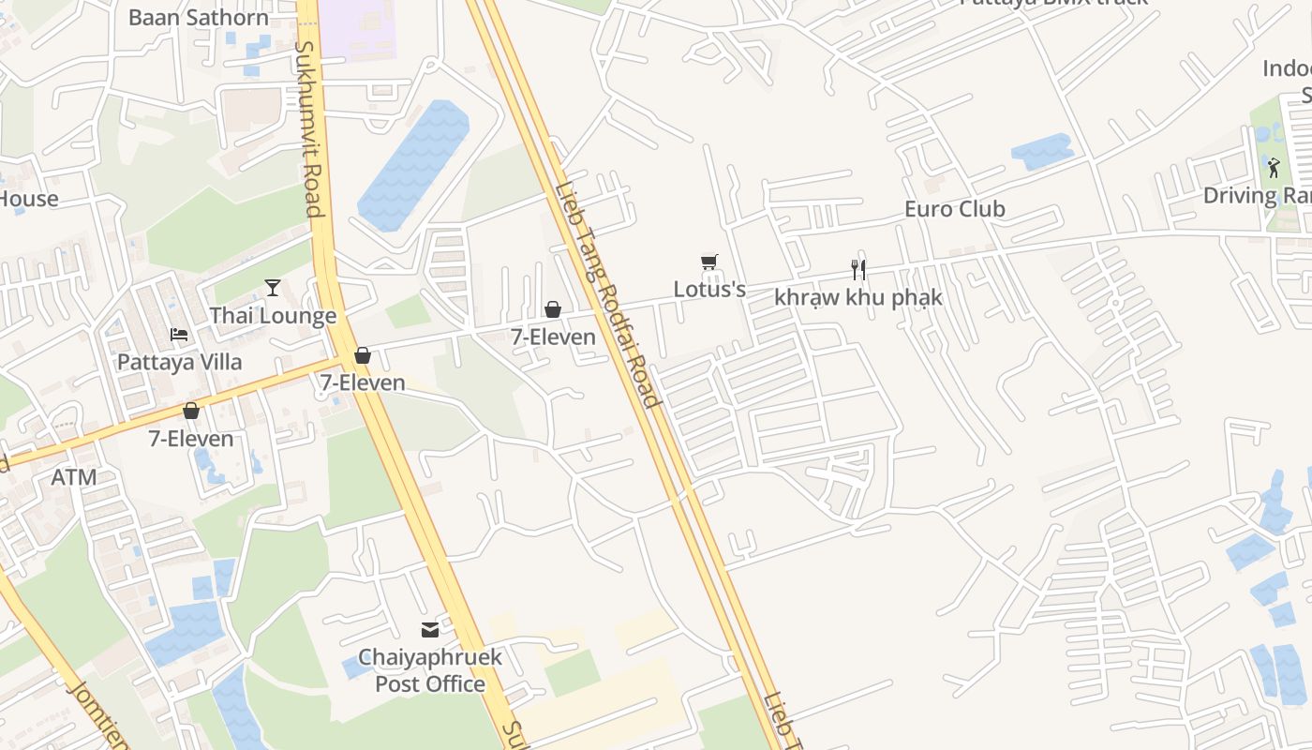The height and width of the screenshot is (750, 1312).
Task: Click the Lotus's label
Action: tap(709, 289)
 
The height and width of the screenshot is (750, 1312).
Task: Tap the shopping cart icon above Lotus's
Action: tap(709, 262)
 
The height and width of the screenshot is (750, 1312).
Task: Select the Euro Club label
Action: tap(954, 209)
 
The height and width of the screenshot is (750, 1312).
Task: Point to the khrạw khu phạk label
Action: tap(857, 297)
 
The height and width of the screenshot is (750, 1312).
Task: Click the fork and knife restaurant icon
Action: tap(857, 270)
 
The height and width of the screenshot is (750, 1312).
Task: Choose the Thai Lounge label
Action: tap(273, 316)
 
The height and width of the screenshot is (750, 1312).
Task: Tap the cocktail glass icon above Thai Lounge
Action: tap(273, 288)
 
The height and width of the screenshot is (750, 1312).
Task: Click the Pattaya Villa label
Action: tap(179, 362)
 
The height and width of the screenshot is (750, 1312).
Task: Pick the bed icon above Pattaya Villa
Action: tap(179, 335)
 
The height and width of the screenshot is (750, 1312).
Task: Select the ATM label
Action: tap(74, 477)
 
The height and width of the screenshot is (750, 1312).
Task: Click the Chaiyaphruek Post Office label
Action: tap(430, 670)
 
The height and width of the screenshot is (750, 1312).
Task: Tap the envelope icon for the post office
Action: tap(430, 630)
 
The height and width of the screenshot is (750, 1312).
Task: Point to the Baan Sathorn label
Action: tap(198, 17)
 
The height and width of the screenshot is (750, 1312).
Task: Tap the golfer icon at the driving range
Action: tap(1273, 169)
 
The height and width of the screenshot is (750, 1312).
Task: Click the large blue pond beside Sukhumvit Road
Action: tap(413, 164)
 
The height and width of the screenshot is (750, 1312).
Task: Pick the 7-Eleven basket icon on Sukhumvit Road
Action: tap(363, 356)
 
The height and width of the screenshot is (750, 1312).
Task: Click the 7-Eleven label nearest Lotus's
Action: tap(553, 337)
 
